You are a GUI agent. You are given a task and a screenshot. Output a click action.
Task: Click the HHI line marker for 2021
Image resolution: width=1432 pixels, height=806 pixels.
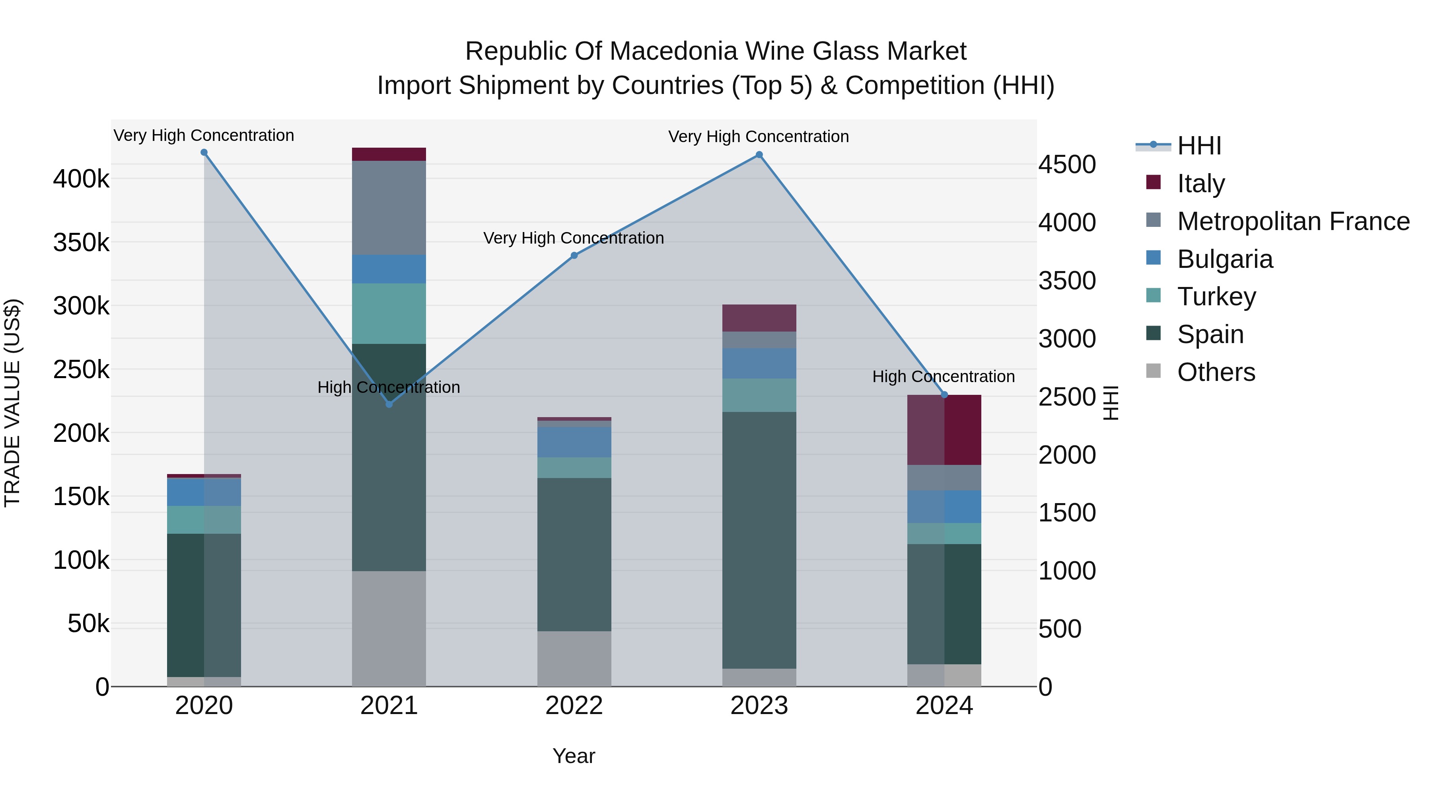(389, 404)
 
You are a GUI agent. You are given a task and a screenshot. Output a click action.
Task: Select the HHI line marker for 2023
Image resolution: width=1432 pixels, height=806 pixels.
(759, 155)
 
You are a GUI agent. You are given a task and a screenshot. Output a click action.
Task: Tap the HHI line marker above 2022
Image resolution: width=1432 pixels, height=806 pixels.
(574, 256)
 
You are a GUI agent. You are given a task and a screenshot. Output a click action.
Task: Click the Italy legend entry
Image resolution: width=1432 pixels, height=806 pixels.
(1201, 183)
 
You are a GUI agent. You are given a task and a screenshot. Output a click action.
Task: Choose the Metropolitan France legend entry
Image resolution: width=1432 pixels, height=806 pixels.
(1293, 221)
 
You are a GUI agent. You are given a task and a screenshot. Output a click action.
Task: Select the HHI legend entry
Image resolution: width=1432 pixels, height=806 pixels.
(1199, 146)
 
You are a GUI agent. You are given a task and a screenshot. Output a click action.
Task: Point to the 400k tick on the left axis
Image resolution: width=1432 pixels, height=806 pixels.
(81, 179)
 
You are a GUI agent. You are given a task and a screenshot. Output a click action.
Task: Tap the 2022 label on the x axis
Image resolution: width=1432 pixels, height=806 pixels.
(574, 706)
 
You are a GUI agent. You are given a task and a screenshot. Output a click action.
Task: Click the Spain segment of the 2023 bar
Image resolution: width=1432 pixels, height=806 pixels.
(759, 540)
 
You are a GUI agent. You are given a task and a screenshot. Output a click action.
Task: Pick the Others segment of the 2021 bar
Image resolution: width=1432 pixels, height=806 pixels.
(389, 628)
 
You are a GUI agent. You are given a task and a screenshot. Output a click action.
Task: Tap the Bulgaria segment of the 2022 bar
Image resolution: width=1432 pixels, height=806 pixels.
(574, 442)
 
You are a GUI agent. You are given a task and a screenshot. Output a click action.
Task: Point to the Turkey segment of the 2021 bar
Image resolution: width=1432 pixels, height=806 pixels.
(389, 313)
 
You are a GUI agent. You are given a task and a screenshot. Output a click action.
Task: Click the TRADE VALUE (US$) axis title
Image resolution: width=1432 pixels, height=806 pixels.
(12, 403)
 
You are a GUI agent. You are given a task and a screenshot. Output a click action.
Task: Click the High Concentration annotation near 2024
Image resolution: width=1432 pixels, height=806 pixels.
(944, 377)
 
